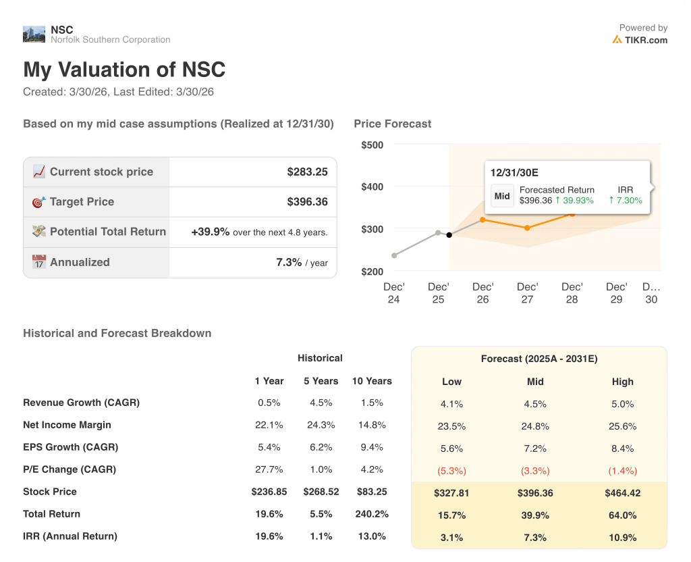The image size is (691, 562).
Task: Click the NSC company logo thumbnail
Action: pos(34,34)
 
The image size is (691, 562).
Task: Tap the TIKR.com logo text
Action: pos(646,40)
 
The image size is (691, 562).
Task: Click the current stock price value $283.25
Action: pos(307,172)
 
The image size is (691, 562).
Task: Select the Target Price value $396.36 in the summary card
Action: pos(307,201)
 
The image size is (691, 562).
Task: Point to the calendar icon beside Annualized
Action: pos(39,262)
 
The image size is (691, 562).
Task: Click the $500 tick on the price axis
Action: pos(372,145)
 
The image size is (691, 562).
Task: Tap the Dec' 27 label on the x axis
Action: pos(527,292)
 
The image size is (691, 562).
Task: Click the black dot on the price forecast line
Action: pos(449,235)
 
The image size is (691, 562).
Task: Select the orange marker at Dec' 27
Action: pos(527,228)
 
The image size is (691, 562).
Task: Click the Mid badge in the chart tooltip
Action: pos(502,196)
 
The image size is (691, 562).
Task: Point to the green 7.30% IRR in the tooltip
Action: pos(626,201)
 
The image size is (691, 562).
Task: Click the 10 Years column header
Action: pos(372,381)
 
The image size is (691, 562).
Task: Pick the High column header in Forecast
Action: pos(622,382)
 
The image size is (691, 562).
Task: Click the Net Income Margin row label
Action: pos(67,425)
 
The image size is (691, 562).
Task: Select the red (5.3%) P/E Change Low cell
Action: pos(451,471)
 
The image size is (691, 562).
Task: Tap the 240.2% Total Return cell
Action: pos(372,514)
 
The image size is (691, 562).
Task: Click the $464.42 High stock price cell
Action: pos(622,493)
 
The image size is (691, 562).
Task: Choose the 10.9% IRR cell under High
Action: pos(622,537)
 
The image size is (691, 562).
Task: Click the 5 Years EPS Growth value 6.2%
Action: pos(321,447)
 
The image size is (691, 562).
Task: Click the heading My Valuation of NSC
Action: pos(124,70)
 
